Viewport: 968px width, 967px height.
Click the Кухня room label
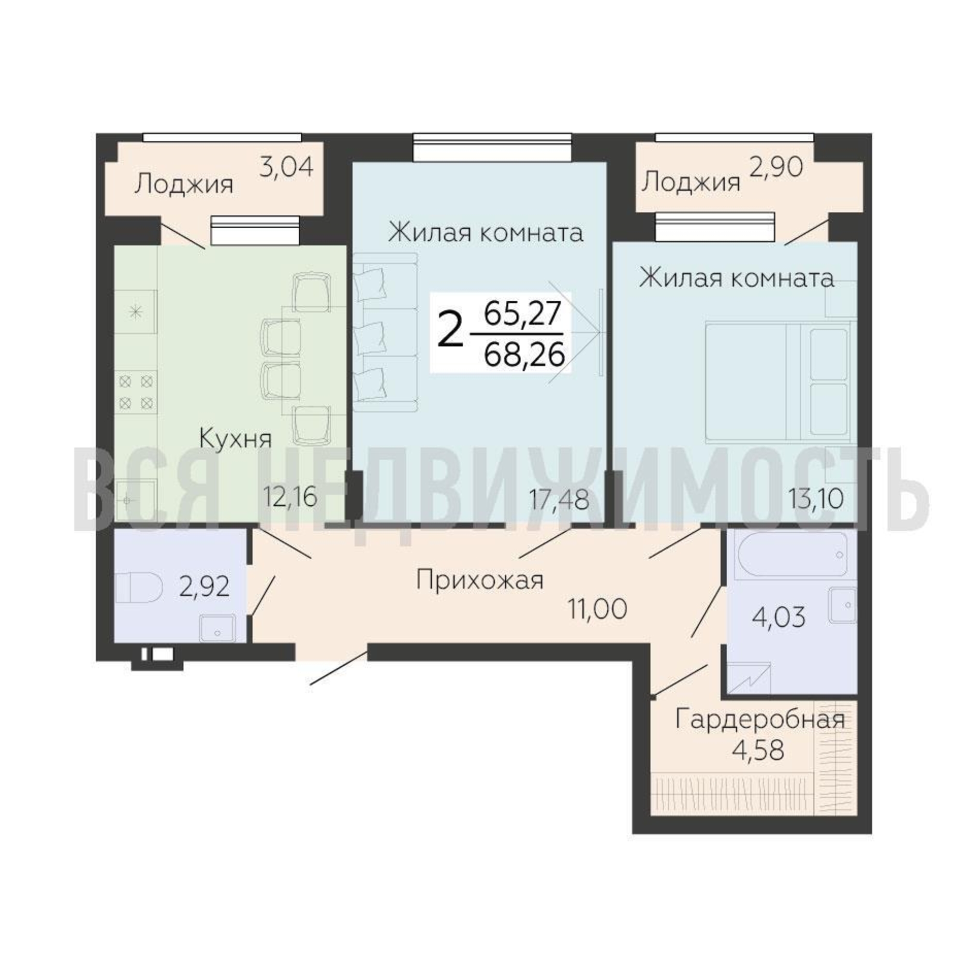235,440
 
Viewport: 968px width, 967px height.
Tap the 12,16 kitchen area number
291,497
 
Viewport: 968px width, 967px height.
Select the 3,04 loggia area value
286,167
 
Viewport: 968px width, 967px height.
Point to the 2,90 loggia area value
776,167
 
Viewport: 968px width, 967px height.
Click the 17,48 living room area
559,499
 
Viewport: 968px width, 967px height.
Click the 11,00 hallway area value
597,609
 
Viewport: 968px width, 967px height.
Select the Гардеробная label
760,720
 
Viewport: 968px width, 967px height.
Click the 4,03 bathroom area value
778,616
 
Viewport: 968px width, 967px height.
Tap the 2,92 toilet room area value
204,586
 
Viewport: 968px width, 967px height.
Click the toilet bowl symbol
138,588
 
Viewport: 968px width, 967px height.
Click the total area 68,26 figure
525,355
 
